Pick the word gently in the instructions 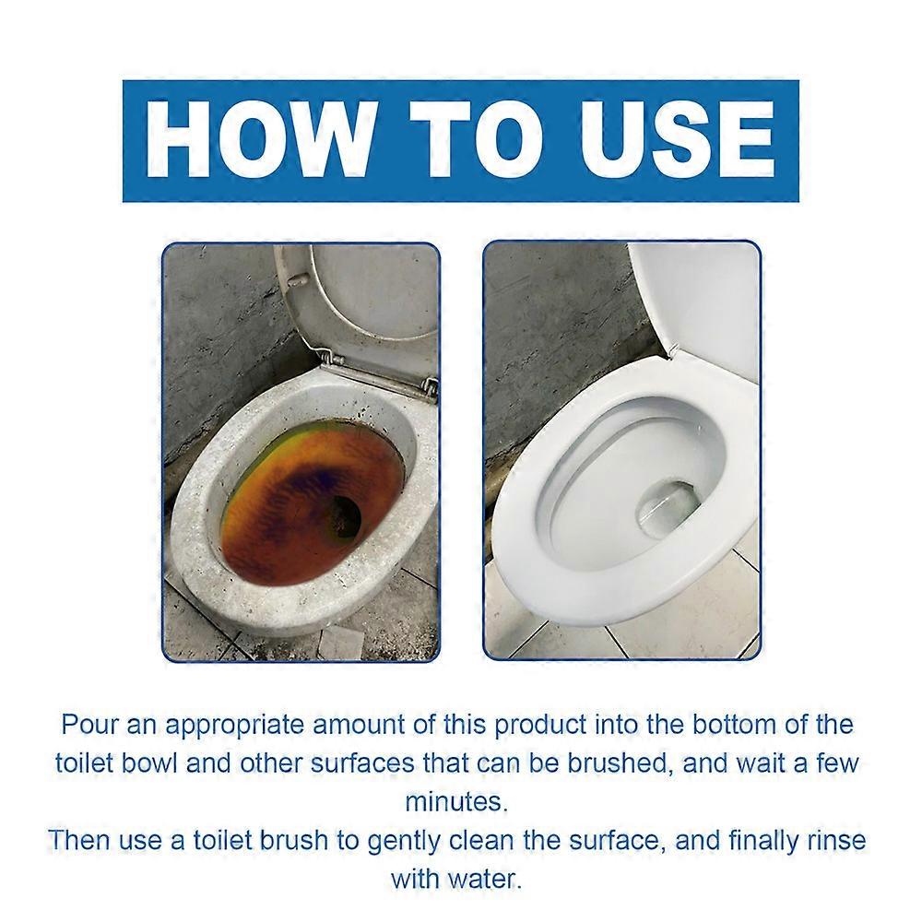(x=445, y=840)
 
